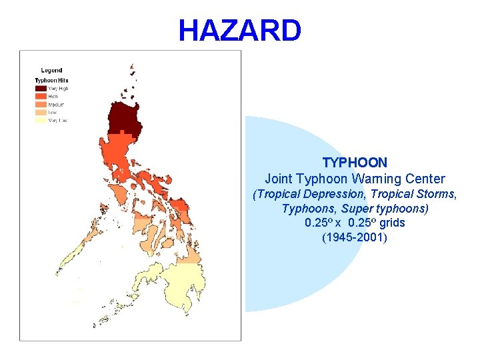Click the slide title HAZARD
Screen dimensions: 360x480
[x=239, y=31]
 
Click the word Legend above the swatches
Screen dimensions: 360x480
[x=51, y=70]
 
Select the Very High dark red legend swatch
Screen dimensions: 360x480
[x=41, y=88]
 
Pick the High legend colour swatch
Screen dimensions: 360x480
[x=41, y=96]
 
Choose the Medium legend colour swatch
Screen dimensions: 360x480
[x=41, y=104]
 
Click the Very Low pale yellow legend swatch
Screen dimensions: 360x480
[x=41, y=120]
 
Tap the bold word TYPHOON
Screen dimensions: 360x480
[x=355, y=162]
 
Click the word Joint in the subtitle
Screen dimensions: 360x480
[x=278, y=179]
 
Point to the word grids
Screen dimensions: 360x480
[x=392, y=223]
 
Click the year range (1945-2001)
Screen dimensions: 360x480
[x=355, y=237]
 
